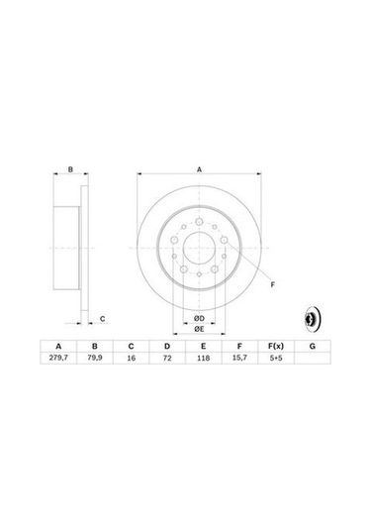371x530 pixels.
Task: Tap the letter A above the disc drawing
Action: click(x=199, y=169)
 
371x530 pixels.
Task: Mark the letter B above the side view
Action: click(x=71, y=169)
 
